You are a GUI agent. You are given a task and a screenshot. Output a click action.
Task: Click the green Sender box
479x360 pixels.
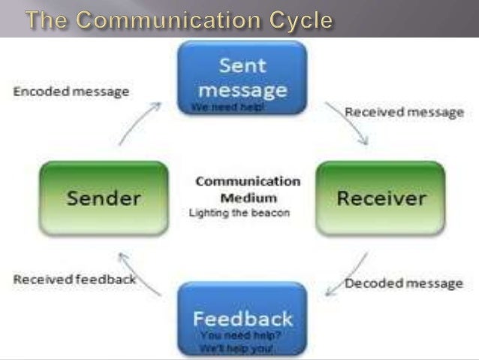point(103,198)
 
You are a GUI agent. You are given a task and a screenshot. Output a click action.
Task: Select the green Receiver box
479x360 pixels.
point(381,198)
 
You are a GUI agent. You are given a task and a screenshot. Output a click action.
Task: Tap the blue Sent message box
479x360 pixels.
point(242,77)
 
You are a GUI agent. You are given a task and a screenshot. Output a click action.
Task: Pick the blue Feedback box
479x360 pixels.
point(242,317)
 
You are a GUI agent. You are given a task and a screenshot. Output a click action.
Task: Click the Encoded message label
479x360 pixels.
point(71,92)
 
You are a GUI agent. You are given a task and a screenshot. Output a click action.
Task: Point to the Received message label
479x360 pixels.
point(404,112)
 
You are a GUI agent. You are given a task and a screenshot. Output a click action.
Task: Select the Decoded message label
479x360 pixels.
point(404,283)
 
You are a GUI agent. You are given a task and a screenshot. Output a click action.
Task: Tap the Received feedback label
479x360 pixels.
point(74,280)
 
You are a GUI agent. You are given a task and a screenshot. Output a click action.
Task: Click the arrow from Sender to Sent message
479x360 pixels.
point(139,123)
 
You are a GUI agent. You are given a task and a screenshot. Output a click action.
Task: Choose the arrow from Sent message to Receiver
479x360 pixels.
point(347,123)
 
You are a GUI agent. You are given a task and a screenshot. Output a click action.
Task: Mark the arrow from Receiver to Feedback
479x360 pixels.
point(347,275)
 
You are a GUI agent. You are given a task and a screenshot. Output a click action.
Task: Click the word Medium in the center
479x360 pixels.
point(248,198)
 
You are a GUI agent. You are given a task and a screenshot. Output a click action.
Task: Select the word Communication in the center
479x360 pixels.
point(248,182)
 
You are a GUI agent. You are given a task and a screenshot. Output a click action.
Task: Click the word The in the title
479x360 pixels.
point(50,20)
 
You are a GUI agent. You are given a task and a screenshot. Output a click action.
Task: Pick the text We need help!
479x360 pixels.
point(227,107)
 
